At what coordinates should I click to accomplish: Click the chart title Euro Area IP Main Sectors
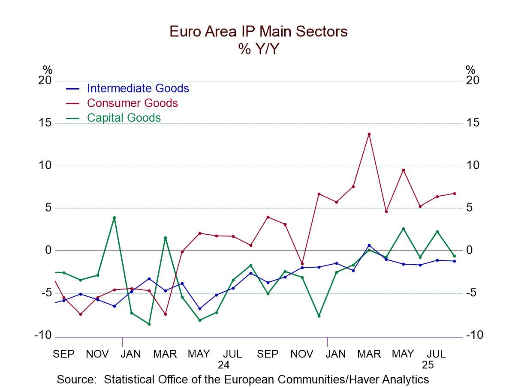pos(258,31)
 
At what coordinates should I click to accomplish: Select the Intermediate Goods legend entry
pos(138,88)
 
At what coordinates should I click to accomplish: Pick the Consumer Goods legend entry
pos(132,103)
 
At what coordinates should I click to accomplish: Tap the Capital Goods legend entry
pos(123,117)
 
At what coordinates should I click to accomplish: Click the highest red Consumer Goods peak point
pos(369,134)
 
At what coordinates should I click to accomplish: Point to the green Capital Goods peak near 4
pos(114,218)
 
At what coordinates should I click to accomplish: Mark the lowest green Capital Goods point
pos(149,324)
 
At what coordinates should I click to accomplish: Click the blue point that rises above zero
pos(369,245)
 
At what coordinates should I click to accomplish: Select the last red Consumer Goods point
pos(454,193)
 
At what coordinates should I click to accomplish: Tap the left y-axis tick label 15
pos(45,123)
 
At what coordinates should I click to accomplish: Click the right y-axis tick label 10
pos(473,165)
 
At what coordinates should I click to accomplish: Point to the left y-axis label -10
pos(43,335)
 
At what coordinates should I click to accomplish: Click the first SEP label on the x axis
pos(63,354)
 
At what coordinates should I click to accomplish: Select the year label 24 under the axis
pos(223,365)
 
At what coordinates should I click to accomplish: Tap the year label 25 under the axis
pos(428,365)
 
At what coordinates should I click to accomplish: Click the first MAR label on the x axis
pos(165,354)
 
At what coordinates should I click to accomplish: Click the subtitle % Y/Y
pos(258,49)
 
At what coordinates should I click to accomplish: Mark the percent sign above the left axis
pos(47,69)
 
